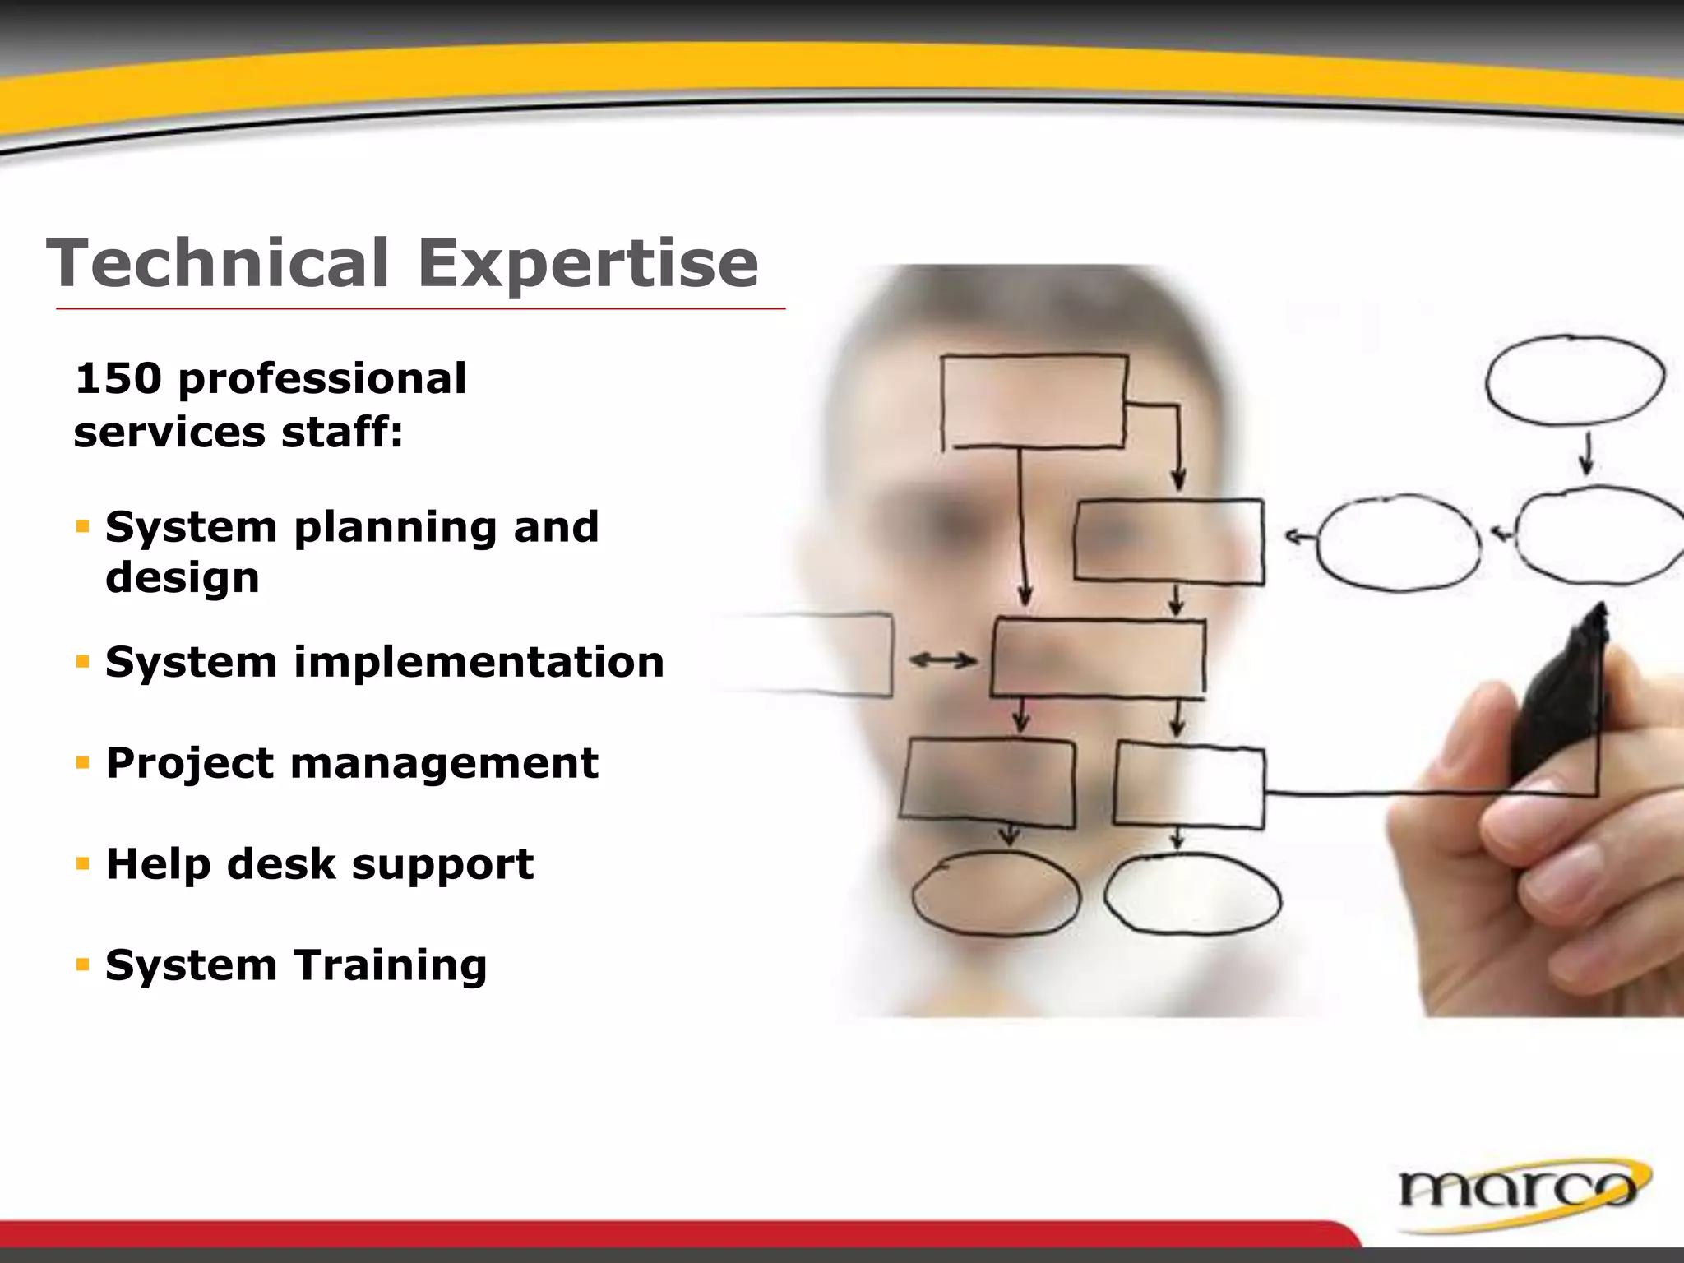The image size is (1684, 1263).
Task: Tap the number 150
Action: click(x=117, y=379)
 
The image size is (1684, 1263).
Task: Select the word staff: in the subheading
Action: click(x=342, y=433)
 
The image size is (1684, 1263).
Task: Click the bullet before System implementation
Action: click(x=81, y=661)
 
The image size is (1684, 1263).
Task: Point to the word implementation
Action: click(x=479, y=663)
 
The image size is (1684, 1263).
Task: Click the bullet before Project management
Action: click(x=81, y=763)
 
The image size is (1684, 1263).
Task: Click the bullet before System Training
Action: click(x=81, y=965)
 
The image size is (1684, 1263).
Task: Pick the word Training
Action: click(x=391, y=966)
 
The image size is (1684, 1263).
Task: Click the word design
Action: click(x=183, y=577)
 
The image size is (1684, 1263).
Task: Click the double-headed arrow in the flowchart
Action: click(x=943, y=659)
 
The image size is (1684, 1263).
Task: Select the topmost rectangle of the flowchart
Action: click(x=1034, y=401)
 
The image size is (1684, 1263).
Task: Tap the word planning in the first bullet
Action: click(x=396, y=528)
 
